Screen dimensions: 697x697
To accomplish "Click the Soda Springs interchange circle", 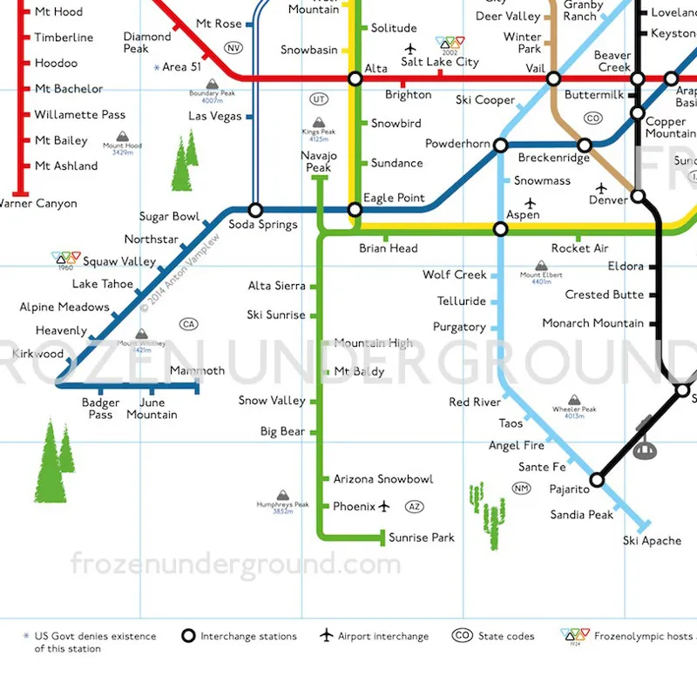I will point(255,210).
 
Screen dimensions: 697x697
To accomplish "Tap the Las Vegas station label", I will point(215,117).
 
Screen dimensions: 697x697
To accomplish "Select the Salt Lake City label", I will point(440,62).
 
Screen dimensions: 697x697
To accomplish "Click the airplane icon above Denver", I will point(600,187).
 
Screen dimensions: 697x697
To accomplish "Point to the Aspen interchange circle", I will point(500,229).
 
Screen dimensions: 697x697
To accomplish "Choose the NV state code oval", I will point(233,48).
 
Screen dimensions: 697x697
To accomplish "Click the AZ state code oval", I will point(416,507).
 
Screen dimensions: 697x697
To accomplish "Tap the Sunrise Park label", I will point(422,538).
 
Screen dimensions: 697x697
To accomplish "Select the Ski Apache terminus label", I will point(652,541).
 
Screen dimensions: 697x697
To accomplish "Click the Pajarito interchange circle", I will point(597,480).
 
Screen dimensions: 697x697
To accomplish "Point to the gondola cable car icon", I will point(645,447).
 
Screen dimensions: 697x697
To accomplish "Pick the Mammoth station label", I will point(197,371).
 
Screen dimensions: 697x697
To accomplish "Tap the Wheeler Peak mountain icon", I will point(574,400).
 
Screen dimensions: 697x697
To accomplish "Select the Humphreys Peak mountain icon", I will point(282,496).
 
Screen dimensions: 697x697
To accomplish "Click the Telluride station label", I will point(462,301).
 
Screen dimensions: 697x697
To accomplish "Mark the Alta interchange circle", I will point(355,79).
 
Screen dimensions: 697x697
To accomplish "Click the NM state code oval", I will point(522,488).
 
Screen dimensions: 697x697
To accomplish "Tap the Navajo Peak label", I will point(319,161).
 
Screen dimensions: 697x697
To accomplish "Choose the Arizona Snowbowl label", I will point(382,479).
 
